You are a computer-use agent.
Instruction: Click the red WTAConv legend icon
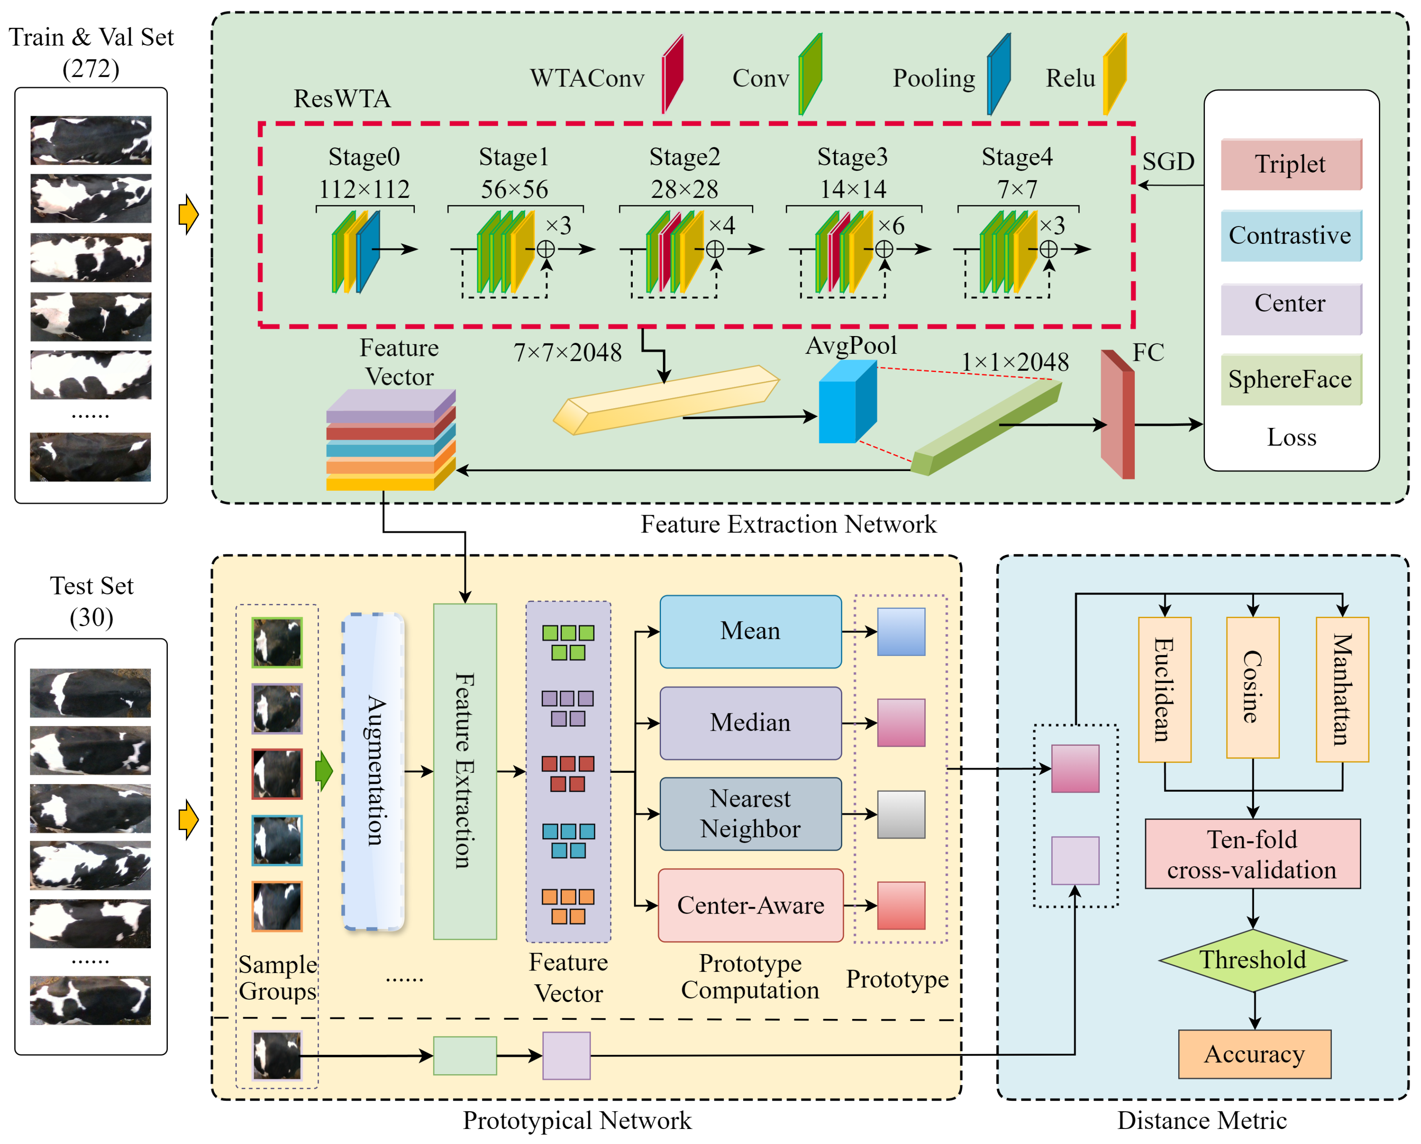672,74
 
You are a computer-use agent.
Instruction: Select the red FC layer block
1117,415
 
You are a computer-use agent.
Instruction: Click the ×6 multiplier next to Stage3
891,226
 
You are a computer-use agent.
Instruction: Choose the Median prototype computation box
750,723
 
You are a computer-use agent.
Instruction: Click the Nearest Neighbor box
750,814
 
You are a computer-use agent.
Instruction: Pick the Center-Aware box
750,906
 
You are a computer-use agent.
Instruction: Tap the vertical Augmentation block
373,771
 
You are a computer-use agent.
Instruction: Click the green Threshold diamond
1252,960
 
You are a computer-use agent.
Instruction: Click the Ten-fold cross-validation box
1252,854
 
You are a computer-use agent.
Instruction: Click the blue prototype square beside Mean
901,631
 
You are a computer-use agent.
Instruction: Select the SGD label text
1168,161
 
